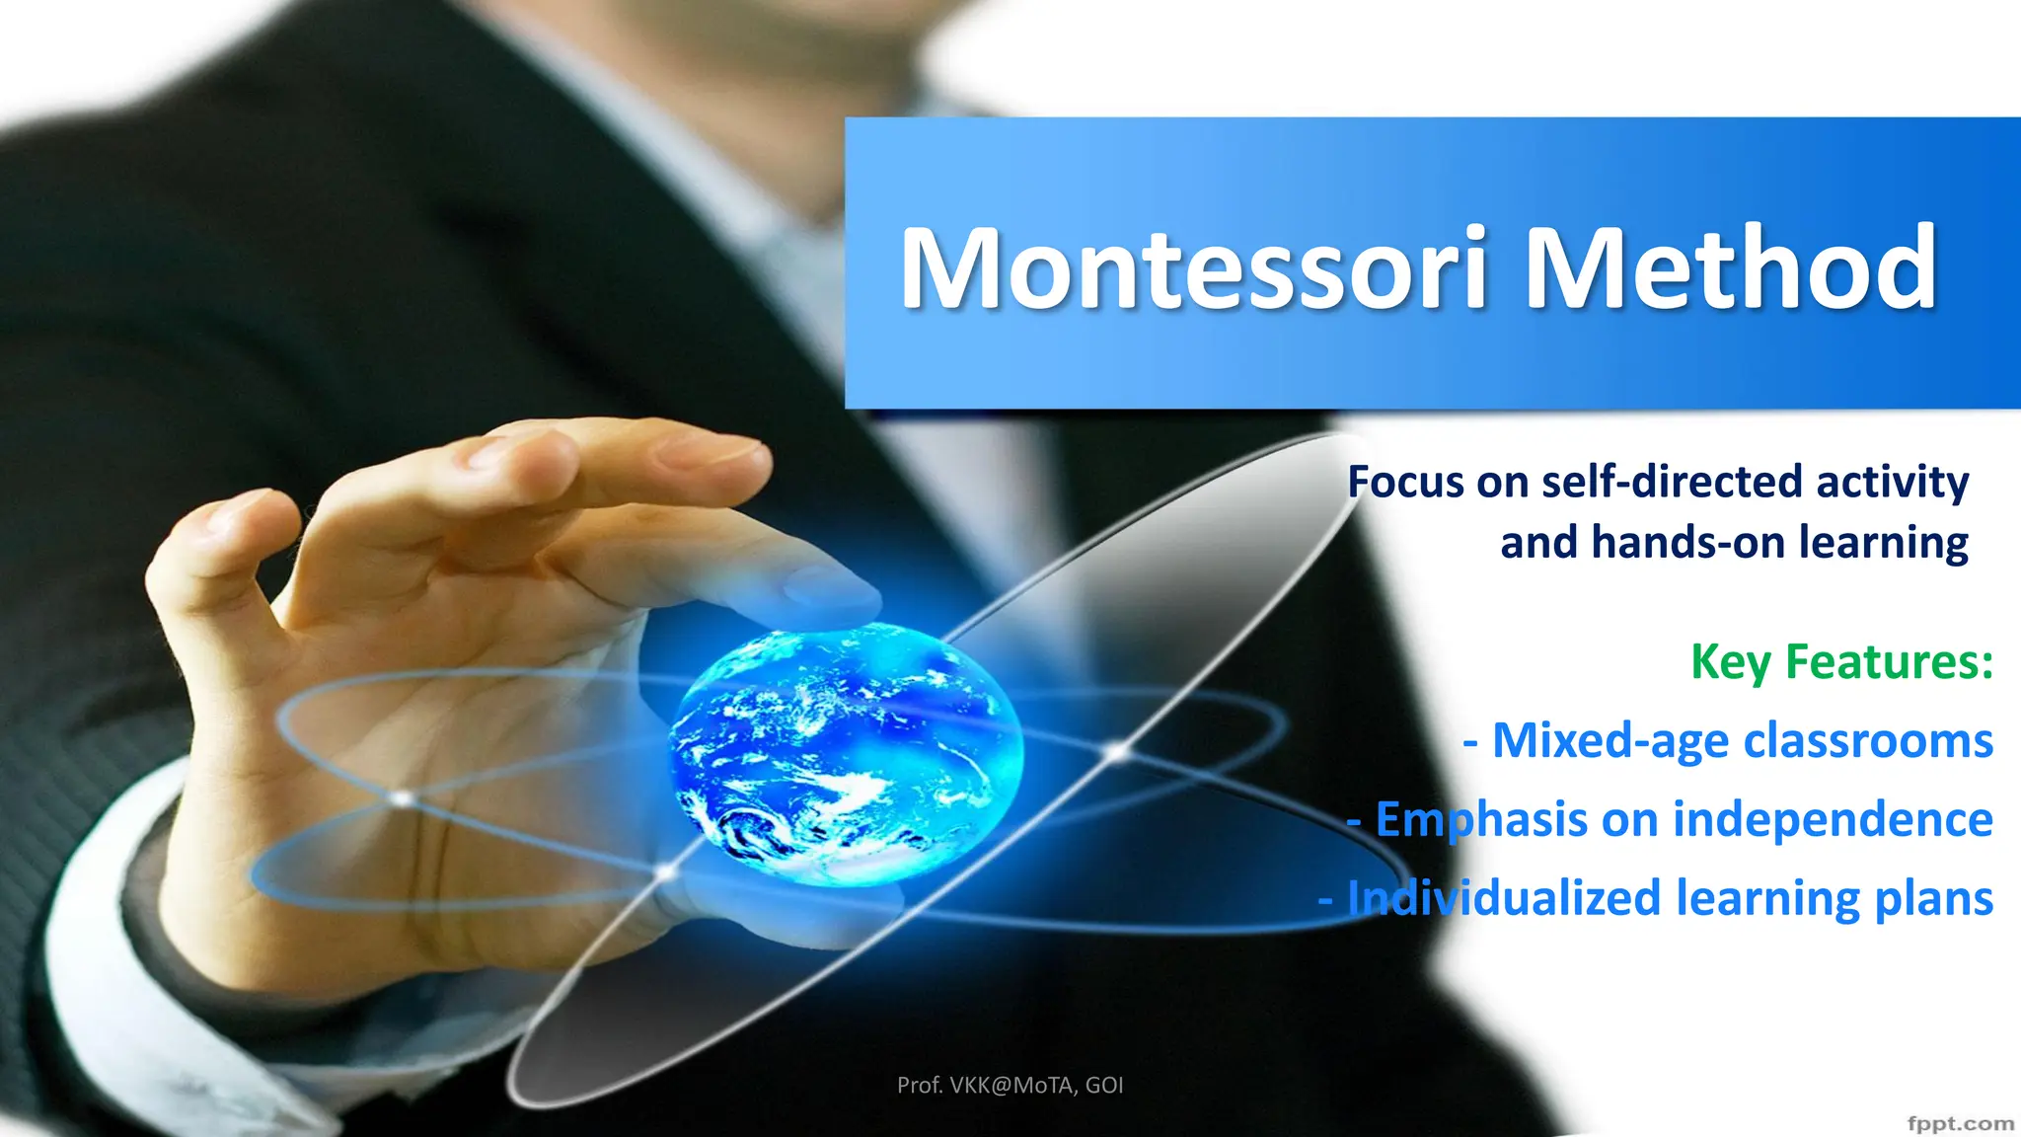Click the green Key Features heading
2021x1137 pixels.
point(1841,661)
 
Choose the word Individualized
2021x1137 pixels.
point(1504,898)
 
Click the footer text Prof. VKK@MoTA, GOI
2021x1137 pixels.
point(1010,1086)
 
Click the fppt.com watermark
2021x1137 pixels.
point(1960,1123)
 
